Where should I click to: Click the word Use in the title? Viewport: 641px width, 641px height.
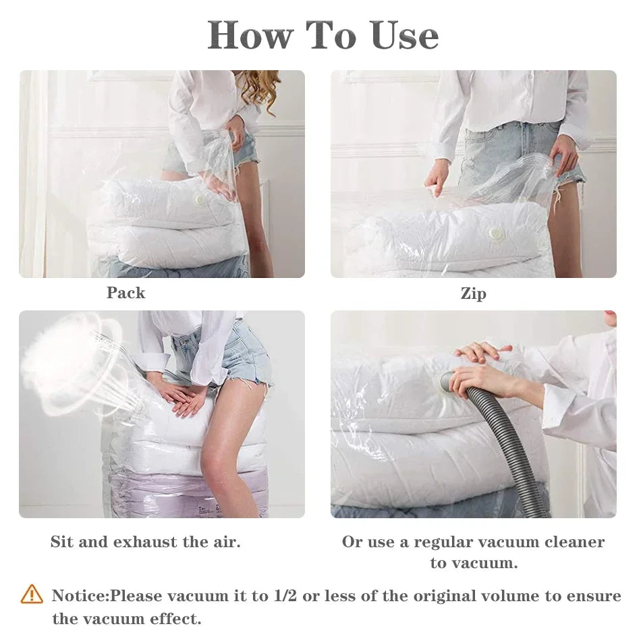click(x=403, y=35)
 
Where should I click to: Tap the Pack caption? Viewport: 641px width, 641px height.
click(x=126, y=293)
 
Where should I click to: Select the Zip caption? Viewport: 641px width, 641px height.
click(x=473, y=294)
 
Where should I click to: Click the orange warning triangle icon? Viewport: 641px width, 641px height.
click(x=32, y=594)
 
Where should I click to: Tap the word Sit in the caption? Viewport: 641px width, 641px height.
click(x=62, y=542)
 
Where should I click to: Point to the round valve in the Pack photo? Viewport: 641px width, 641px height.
click(x=200, y=200)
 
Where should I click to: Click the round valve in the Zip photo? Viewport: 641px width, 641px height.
click(x=497, y=233)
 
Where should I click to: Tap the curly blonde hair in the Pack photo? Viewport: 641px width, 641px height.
click(x=259, y=88)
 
